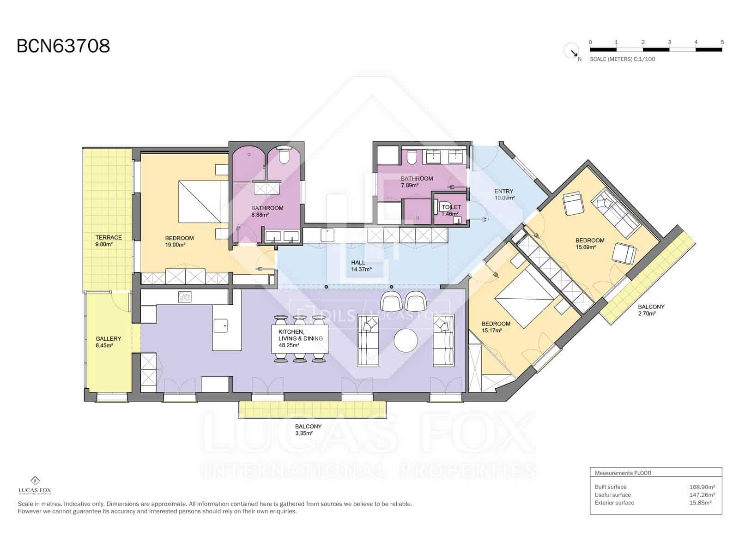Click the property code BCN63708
[x=63, y=46]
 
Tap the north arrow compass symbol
[x=571, y=50]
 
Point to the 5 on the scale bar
[x=721, y=42]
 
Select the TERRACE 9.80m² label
[x=109, y=241]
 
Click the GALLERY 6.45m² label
[x=108, y=342]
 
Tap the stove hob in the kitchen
[x=185, y=297]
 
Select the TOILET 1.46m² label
[x=451, y=210]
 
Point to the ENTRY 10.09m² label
[x=504, y=194]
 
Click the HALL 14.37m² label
[x=361, y=265]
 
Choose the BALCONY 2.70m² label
[x=651, y=310]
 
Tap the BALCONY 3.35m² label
[x=308, y=430]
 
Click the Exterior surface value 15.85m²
[x=700, y=503]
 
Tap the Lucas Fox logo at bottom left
[x=35, y=486]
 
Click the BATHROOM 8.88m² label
[x=267, y=211]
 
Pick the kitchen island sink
[x=220, y=325]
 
